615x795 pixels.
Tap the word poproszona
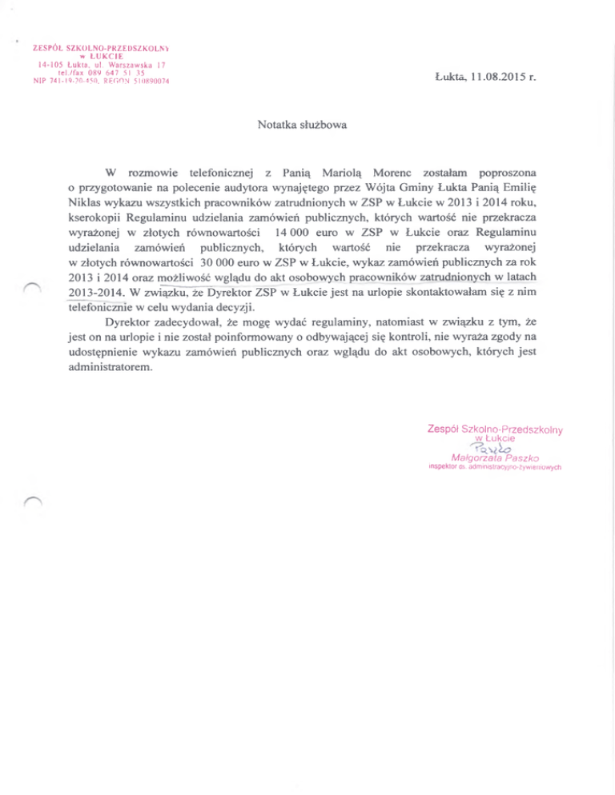(x=507, y=173)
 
